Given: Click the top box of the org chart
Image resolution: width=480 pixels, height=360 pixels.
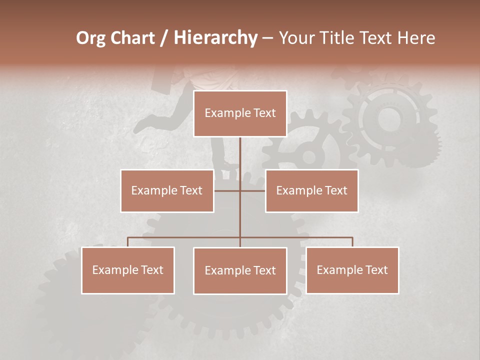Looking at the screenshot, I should pos(240,113).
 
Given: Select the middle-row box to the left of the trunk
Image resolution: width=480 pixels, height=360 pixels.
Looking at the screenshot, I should pos(167,190).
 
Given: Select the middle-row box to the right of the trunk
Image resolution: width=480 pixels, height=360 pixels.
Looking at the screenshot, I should pos(311,190).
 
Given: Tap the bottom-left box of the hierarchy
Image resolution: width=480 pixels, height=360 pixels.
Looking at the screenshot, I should pos(128,270).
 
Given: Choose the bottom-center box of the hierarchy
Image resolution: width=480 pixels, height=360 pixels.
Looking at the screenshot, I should pos(240,270).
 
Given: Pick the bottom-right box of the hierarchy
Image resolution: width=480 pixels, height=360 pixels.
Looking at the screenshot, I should pos(352,270).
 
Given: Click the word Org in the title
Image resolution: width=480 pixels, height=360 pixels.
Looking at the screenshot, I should pos(90,38).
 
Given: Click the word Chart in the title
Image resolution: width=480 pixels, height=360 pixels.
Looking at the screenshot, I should pos(132,38).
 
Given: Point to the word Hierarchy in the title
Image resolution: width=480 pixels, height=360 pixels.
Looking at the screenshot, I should pos(215,38).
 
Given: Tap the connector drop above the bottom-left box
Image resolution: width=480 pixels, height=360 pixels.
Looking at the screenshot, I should pos(128,242).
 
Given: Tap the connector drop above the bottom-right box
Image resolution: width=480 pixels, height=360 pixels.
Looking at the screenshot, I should pos(352,242).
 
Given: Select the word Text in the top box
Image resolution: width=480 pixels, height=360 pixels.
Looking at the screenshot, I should pos(264,113).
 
